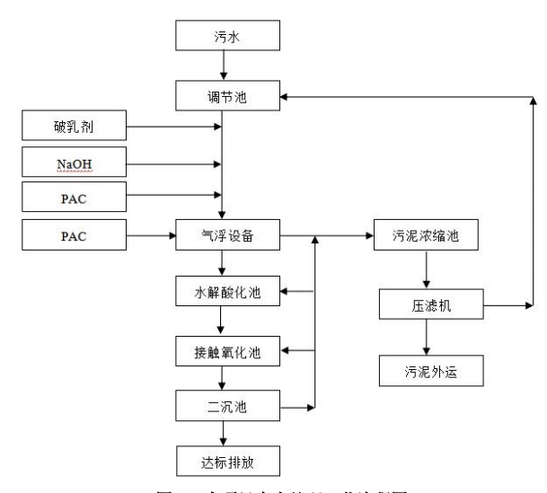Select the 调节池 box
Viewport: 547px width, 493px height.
(x=227, y=96)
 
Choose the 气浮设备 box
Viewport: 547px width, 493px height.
(x=227, y=237)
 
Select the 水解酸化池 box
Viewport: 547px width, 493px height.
(x=227, y=292)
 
